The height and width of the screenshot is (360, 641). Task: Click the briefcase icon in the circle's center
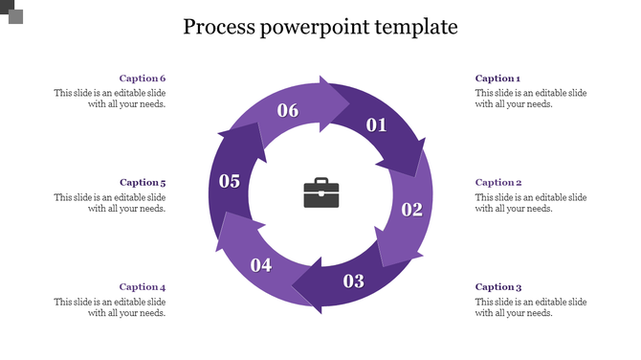(x=320, y=193)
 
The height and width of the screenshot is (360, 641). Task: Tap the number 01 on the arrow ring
(x=376, y=124)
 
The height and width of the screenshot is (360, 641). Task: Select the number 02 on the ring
(x=411, y=210)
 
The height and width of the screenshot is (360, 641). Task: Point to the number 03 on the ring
(x=354, y=281)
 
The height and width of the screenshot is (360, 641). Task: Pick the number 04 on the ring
(x=261, y=265)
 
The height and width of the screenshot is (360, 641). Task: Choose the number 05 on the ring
(x=230, y=180)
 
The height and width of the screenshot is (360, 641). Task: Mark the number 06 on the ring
(x=288, y=110)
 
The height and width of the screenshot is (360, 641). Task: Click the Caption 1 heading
(x=497, y=79)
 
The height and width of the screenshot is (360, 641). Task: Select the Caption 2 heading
(x=497, y=182)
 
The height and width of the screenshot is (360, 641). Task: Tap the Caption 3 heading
(x=497, y=286)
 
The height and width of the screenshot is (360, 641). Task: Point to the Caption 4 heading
(x=143, y=286)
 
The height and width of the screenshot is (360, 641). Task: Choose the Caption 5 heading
(x=143, y=182)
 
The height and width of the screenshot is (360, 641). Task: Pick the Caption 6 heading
(x=143, y=79)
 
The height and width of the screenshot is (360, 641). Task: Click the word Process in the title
(x=218, y=27)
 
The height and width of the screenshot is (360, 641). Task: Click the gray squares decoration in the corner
(x=12, y=12)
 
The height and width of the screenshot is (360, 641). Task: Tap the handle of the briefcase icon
(x=320, y=181)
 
